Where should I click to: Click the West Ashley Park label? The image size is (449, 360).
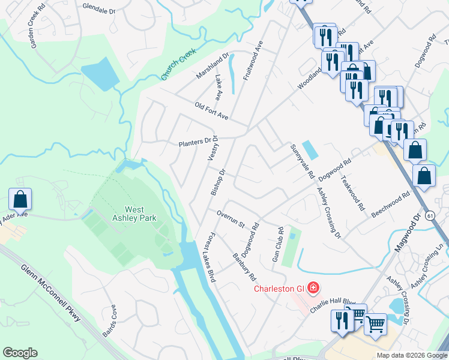(134, 214)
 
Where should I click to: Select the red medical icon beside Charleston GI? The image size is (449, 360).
(312, 289)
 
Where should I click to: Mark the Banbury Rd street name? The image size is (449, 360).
(244, 268)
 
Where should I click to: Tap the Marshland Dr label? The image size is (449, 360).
(212, 67)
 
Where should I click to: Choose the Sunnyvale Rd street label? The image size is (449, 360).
(302, 161)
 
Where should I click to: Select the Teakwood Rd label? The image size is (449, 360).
(352, 192)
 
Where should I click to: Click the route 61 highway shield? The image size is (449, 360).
(430, 215)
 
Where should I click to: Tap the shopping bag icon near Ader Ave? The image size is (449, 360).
(20, 199)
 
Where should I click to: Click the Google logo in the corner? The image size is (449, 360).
(20, 353)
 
